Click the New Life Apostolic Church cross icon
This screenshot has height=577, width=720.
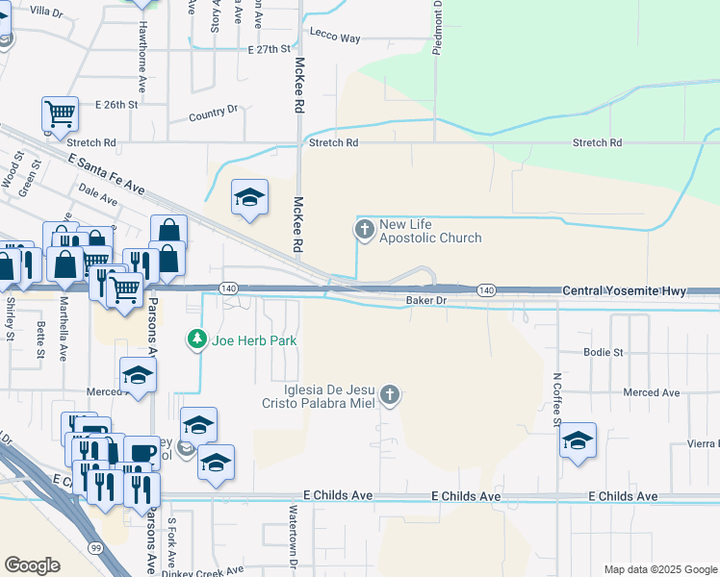[x=364, y=229]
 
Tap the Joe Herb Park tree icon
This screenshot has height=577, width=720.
[x=197, y=339]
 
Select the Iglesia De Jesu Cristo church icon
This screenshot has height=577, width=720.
[x=390, y=393]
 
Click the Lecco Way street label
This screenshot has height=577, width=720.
[x=335, y=38]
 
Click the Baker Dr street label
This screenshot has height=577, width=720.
[x=426, y=301]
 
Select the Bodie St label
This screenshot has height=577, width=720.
[x=604, y=353]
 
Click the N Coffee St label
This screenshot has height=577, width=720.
[x=556, y=399]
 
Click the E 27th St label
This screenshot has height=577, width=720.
[x=269, y=49]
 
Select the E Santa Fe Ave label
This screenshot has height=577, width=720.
[x=106, y=173]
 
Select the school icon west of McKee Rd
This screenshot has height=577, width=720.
[x=249, y=197]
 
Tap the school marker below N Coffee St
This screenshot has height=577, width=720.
[x=578, y=440]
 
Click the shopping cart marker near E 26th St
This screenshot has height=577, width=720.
[x=60, y=113]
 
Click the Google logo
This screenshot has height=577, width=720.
[x=33, y=565]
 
